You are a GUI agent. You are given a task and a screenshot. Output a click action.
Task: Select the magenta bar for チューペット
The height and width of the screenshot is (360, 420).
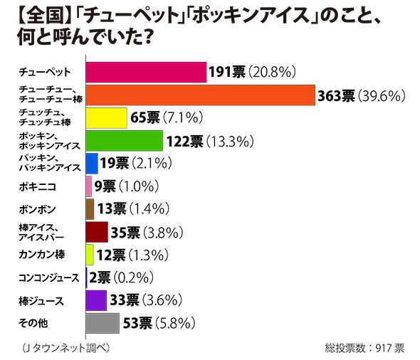(146, 72)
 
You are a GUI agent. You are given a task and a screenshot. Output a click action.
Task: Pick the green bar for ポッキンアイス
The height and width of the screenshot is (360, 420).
(124, 141)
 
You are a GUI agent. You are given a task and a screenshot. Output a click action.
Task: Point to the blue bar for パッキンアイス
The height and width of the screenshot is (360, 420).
(92, 164)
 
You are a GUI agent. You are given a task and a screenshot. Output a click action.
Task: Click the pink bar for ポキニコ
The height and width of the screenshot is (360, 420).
(89, 186)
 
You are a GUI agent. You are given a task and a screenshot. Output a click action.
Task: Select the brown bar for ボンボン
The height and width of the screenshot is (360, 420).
(90, 209)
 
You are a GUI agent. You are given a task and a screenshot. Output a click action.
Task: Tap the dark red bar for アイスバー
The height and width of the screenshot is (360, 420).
(97, 232)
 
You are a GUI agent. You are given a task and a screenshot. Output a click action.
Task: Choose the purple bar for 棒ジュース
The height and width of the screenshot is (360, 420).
(96, 301)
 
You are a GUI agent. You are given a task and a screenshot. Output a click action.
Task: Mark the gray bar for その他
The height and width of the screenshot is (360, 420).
(103, 324)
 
